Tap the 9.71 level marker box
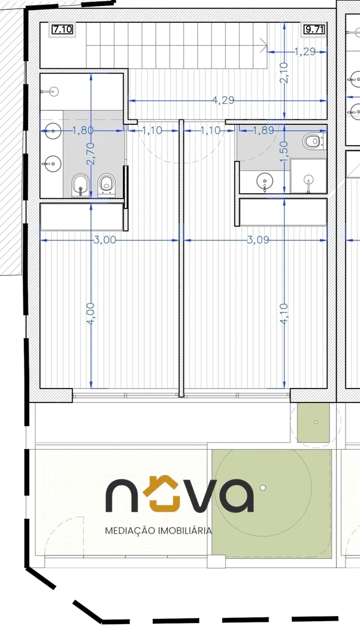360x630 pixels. [314, 30]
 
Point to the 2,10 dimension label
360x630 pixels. [285, 74]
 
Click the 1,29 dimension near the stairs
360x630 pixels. [305, 51]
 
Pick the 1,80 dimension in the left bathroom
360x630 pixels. [82, 129]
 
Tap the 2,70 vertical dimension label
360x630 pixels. [91, 153]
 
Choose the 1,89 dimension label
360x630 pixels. [264, 129]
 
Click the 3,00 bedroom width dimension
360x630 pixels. [105, 240]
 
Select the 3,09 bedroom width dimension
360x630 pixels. [257, 240]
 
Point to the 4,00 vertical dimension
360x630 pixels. [91, 313]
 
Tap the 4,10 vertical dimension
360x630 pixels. [285, 313]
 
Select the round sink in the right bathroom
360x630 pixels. [264, 182]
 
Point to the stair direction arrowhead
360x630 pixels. [264, 45]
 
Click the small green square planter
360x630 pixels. [313, 422]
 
